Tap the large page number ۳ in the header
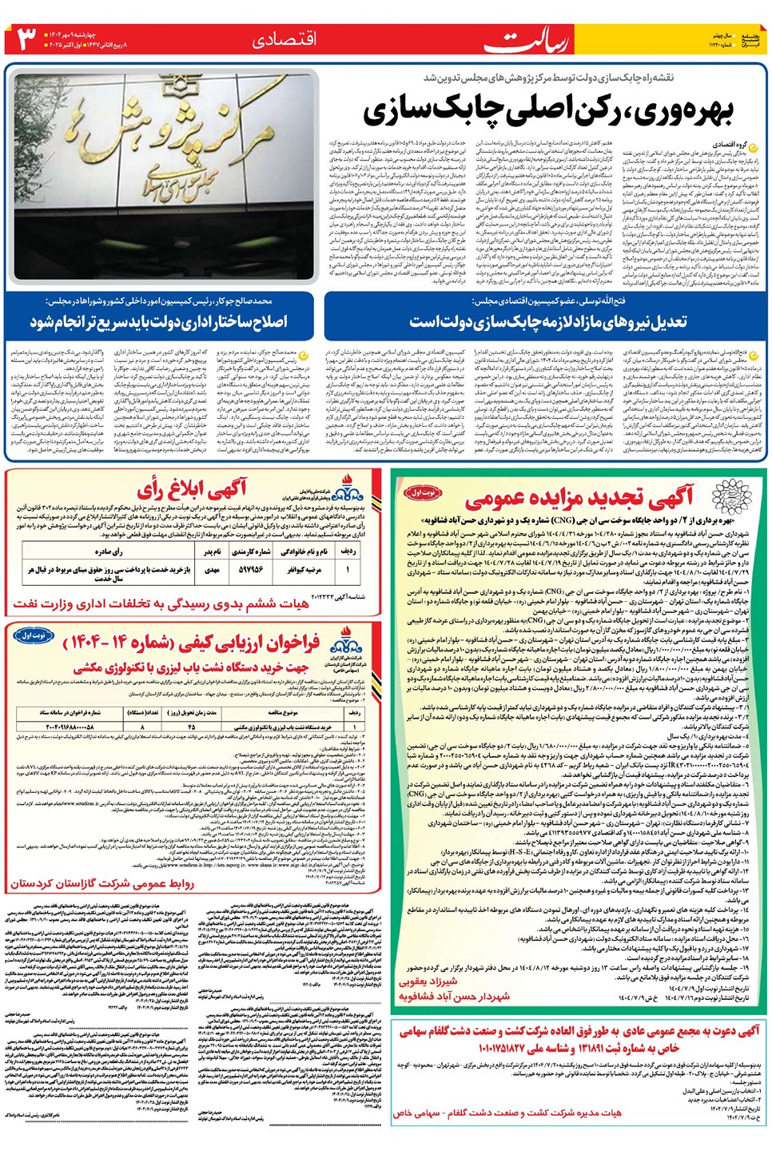click(26, 38)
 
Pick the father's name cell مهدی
click(212, 569)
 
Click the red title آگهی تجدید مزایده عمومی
click(579, 500)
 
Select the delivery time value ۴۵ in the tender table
click(191, 727)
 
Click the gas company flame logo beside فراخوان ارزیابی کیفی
click(345, 639)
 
